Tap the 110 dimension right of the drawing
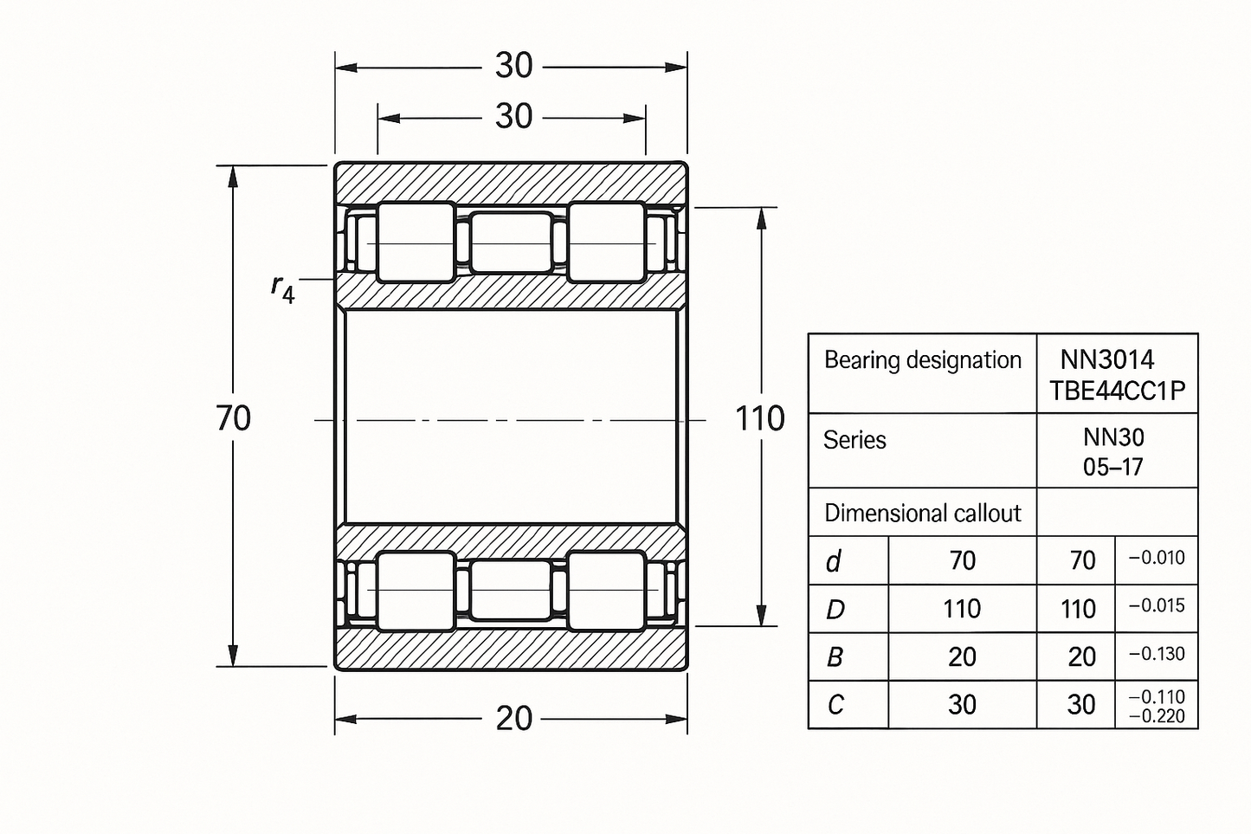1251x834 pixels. click(x=759, y=419)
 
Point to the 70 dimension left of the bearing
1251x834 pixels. click(x=234, y=418)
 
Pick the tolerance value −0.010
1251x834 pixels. click(x=1157, y=558)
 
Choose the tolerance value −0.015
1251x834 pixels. click(x=1157, y=605)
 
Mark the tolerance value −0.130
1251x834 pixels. click(x=1157, y=654)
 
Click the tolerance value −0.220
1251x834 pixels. click(x=1157, y=715)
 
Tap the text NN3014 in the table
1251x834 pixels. click(x=1107, y=359)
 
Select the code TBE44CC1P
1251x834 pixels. click(x=1117, y=391)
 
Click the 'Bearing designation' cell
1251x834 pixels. click(x=922, y=360)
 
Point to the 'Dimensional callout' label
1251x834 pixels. click(x=922, y=514)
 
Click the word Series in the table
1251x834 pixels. click(x=854, y=441)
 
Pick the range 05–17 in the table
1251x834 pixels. click(x=1113, y=468)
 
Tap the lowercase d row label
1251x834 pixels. click(x=833, y=562)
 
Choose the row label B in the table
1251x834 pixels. click(x=835, y=657)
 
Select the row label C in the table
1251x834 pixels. click(x=835, y=705)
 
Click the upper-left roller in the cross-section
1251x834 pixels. click(x=416, y=242)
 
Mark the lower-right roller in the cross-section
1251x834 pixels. click(x=606, y=590)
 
